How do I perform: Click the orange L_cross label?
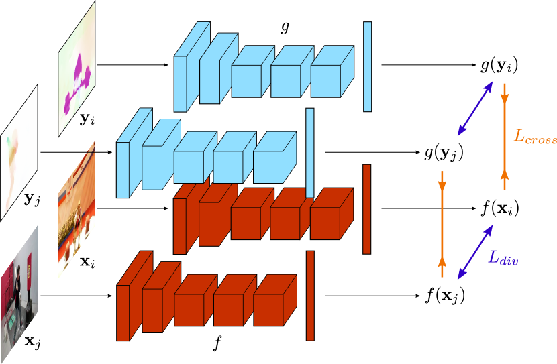pos(534,136)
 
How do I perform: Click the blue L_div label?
pos(503,257)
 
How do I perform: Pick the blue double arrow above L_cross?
pos(475,109)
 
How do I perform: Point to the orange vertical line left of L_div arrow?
pos(442,224)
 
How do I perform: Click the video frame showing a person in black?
pos(19,295)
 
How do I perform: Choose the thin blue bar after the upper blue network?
pos(367,66)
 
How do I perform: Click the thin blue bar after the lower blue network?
pos(310,153)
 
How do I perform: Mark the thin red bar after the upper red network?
pos(367,209)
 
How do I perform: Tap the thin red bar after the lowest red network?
pos(310,295)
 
